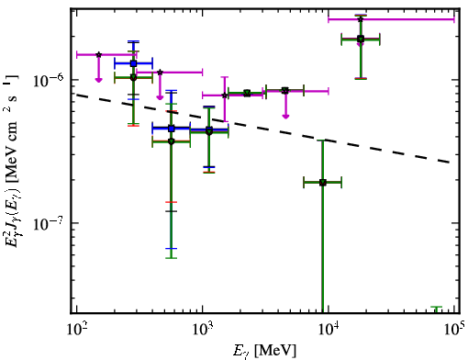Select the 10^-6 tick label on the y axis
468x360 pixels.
point(49,80)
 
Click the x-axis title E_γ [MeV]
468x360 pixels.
point(264,351)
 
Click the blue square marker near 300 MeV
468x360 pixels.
point(133,63)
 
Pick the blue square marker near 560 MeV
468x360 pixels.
point(172,129)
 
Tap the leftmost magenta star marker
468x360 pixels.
point(98,54)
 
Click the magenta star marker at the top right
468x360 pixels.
point(361,19)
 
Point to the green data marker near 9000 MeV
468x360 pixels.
point(322,183)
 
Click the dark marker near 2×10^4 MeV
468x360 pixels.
point(361,39)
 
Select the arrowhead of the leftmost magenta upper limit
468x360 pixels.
point(98,80)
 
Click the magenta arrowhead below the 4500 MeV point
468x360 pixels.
point(285,117)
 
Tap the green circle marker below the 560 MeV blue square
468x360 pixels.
point(172,141)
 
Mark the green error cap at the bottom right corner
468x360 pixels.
point(437,307)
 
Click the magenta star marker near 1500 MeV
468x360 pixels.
point(225,96)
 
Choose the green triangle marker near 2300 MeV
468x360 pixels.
point(247,94)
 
